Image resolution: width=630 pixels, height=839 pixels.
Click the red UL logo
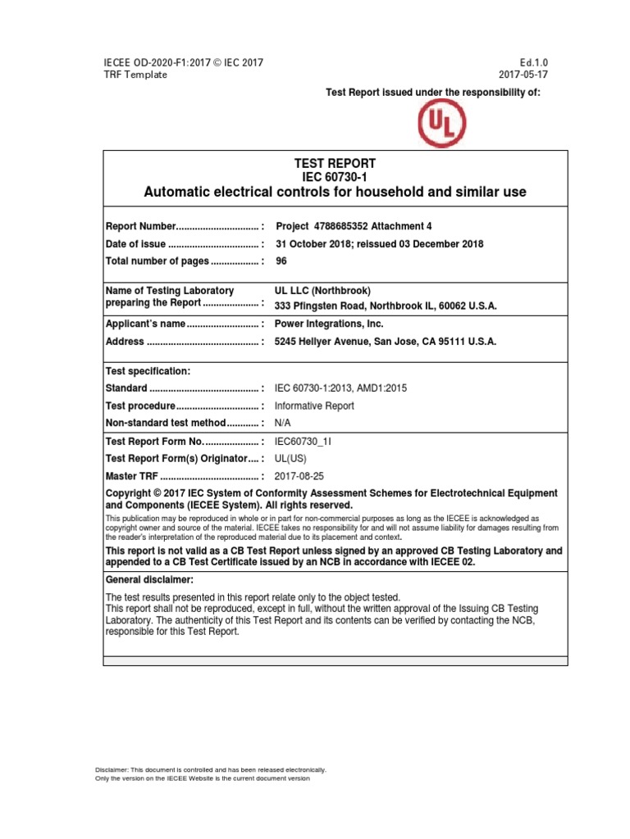442,124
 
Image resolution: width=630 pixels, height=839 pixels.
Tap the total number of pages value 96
282,261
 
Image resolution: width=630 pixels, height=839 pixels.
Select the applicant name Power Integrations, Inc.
330,324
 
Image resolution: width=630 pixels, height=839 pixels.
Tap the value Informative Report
314,406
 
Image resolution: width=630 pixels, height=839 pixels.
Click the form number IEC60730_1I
303,441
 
